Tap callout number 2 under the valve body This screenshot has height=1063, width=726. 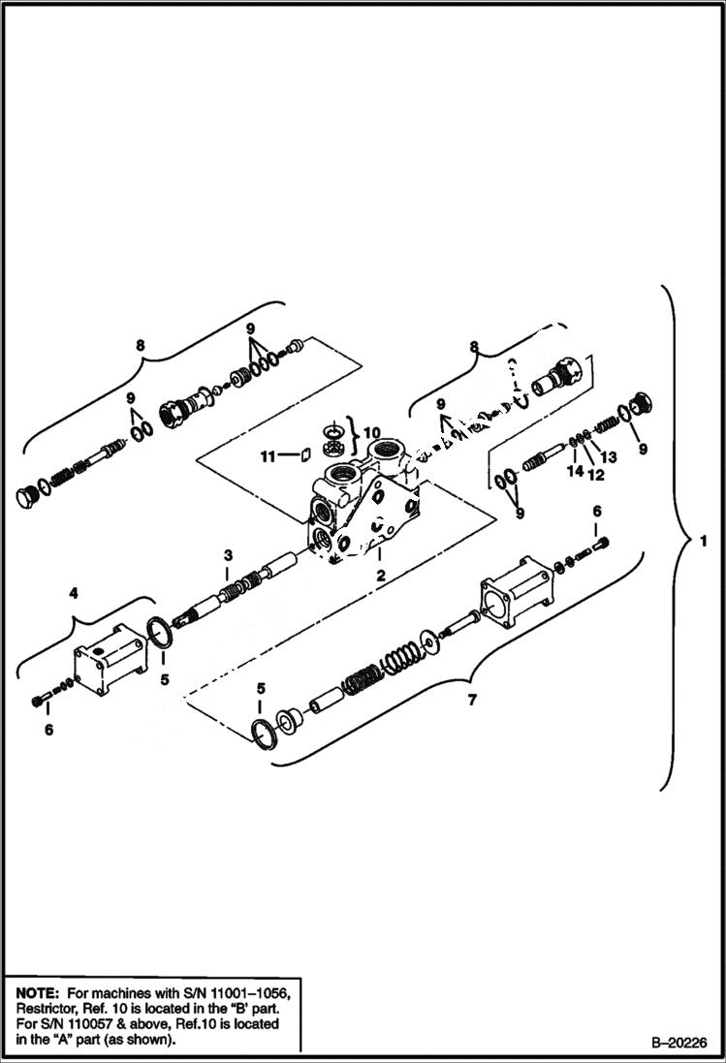(x=382, y=575)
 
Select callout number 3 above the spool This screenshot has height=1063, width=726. (x=228, y=555)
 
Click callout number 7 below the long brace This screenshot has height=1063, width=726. (x=472, y=699)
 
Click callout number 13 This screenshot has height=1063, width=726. (x=610, y=456)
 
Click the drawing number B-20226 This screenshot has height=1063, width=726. (x=666, y=1043)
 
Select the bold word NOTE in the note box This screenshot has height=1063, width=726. (x=35, y=992)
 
